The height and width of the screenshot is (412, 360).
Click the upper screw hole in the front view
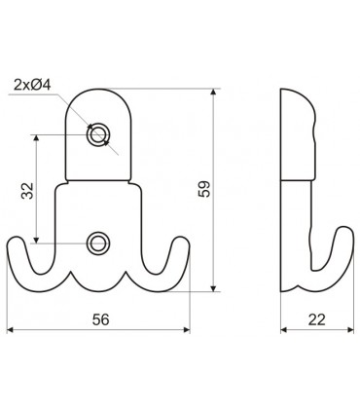(x=97, y=136)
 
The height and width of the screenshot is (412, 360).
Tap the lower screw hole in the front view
(x=97, y=243)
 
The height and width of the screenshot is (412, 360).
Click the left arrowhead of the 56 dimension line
(x=11, y=328)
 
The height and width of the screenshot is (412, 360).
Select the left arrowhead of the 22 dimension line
(x=283, y=328)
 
